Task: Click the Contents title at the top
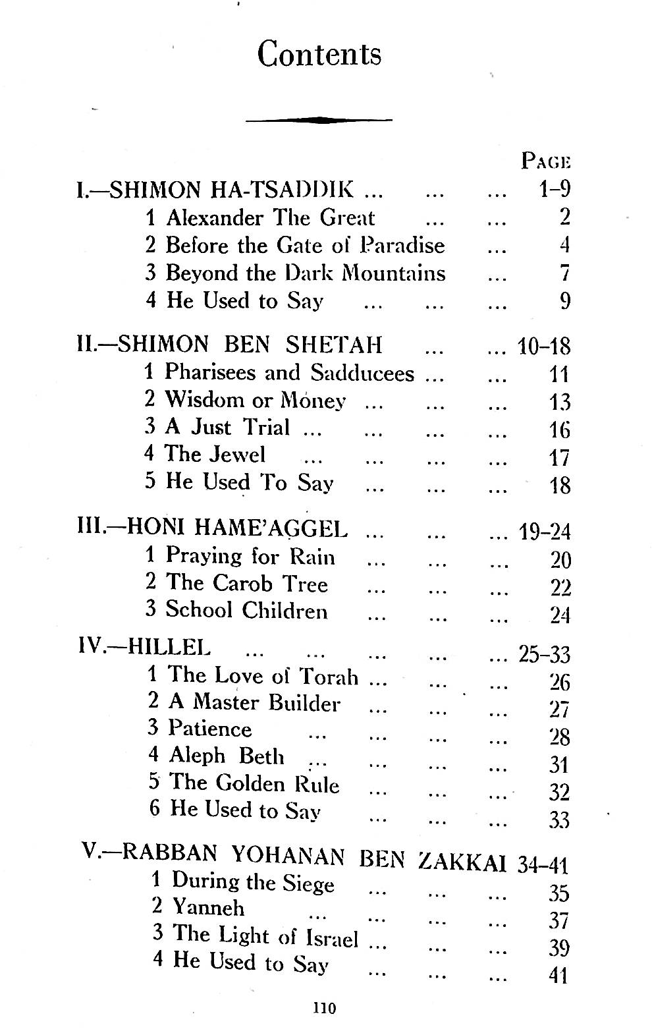[319, 54]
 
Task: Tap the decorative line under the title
[319, 120]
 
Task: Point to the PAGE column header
[545, 161]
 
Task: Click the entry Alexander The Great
[270, 217]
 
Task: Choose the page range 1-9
[554, 189]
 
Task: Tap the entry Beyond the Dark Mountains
[306, 273]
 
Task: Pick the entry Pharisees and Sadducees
[289, 373]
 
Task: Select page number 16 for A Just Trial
[559, 430]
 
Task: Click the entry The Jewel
[215, 454]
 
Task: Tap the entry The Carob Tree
[246, 583]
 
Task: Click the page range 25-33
[544, 654]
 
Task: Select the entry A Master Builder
[254, 702]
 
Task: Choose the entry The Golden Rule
[254, 783]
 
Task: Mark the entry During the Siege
[253, 881]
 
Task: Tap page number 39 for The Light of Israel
[558, 947]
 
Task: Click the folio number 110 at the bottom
[325, 1007]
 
